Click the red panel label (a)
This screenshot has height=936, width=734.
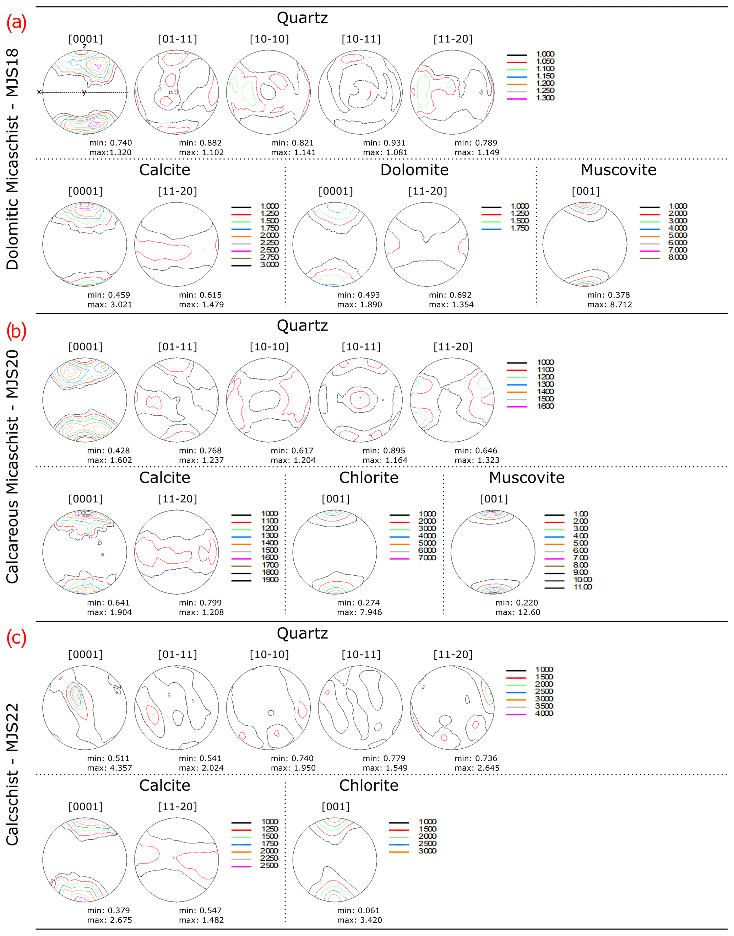tap(16, 22)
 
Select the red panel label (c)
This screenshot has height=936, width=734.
tap(16, 638)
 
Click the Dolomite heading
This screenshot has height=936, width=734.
tap(414, 170)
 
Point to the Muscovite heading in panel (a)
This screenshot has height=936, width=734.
tap(618, 170)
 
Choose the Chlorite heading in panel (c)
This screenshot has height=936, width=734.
tap(369, 786)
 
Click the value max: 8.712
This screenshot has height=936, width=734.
tap(609, 305)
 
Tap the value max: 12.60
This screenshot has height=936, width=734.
tap(517, 612)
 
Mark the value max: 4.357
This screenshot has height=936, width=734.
tap(110, 768)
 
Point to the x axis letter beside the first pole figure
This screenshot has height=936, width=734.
tap(39, 92)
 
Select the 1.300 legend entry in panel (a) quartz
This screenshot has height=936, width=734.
tap(545, 98)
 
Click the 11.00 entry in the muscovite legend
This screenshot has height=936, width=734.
tap(583, 587)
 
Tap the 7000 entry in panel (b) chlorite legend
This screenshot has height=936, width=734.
tap(427, 558)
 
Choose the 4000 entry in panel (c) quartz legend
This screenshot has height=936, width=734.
tap(544, 713)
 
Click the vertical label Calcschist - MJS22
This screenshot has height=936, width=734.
tap(12, 774)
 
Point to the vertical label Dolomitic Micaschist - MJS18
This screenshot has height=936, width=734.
tap(12, 159)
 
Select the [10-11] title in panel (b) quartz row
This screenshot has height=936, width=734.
tap(361, 347)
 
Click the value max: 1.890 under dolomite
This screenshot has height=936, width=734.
tap(359, 305)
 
